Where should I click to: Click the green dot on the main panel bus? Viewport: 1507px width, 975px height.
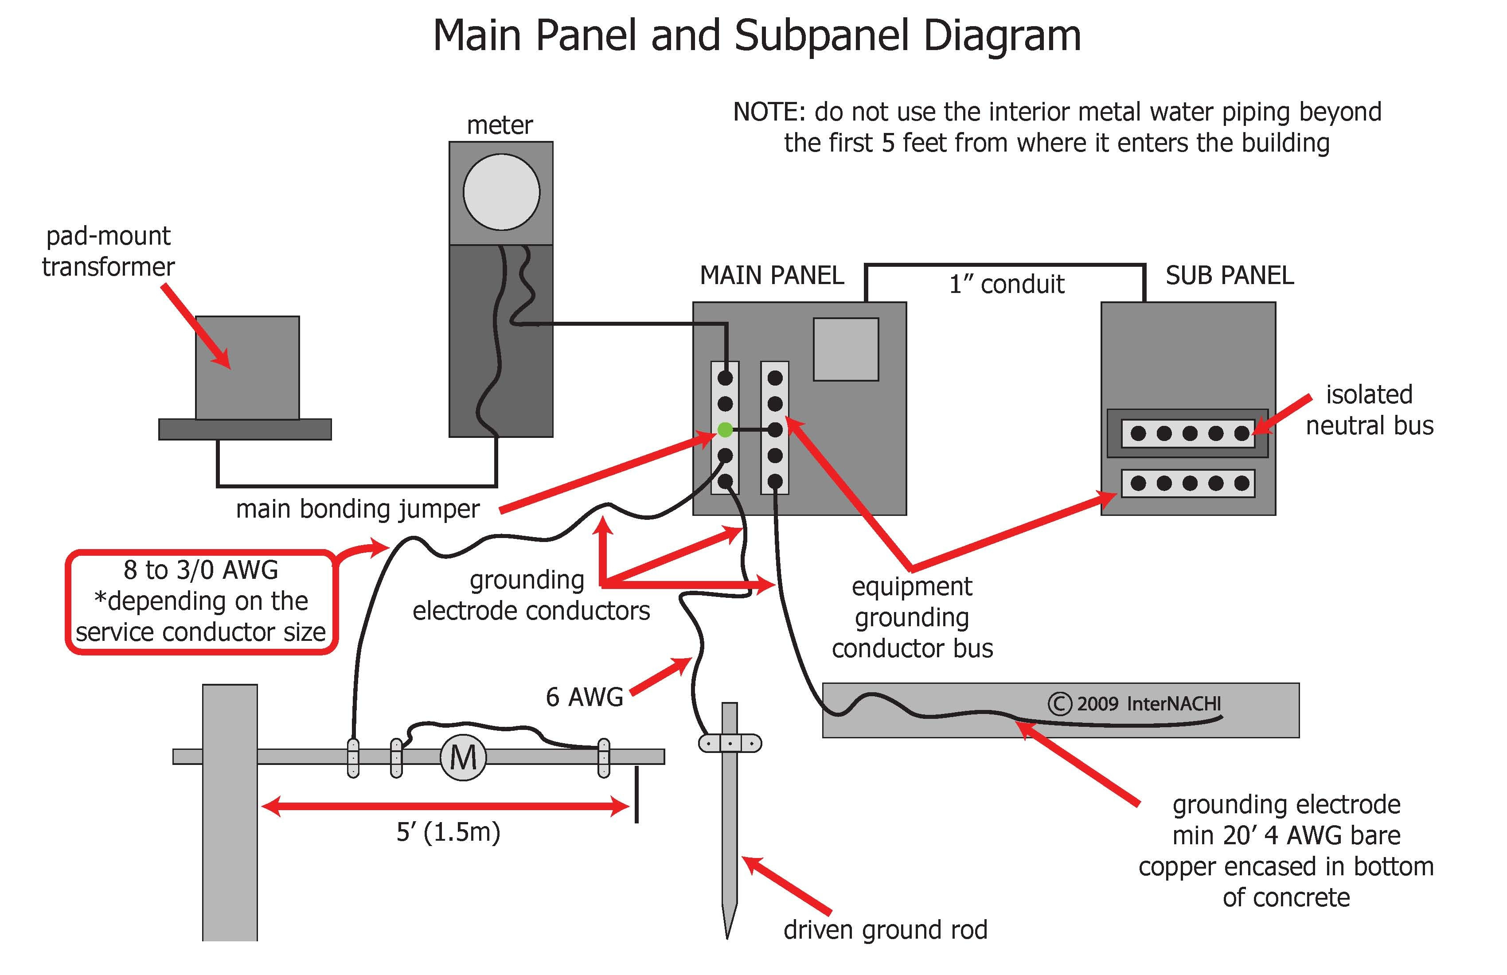725,430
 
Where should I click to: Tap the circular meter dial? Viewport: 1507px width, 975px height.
501,192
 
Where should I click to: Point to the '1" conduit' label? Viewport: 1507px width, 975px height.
1006,284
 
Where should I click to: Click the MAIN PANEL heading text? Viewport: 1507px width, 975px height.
771,275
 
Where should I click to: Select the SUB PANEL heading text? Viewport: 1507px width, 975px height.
1230,275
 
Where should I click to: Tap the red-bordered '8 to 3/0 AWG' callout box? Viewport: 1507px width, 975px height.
201,601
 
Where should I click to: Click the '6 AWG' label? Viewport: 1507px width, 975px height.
585,697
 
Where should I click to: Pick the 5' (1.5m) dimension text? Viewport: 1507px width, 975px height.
448,832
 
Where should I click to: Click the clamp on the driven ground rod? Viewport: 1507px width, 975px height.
730,743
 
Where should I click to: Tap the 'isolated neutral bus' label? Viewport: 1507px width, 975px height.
1369,409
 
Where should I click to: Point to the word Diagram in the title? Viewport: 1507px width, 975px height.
1002,35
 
